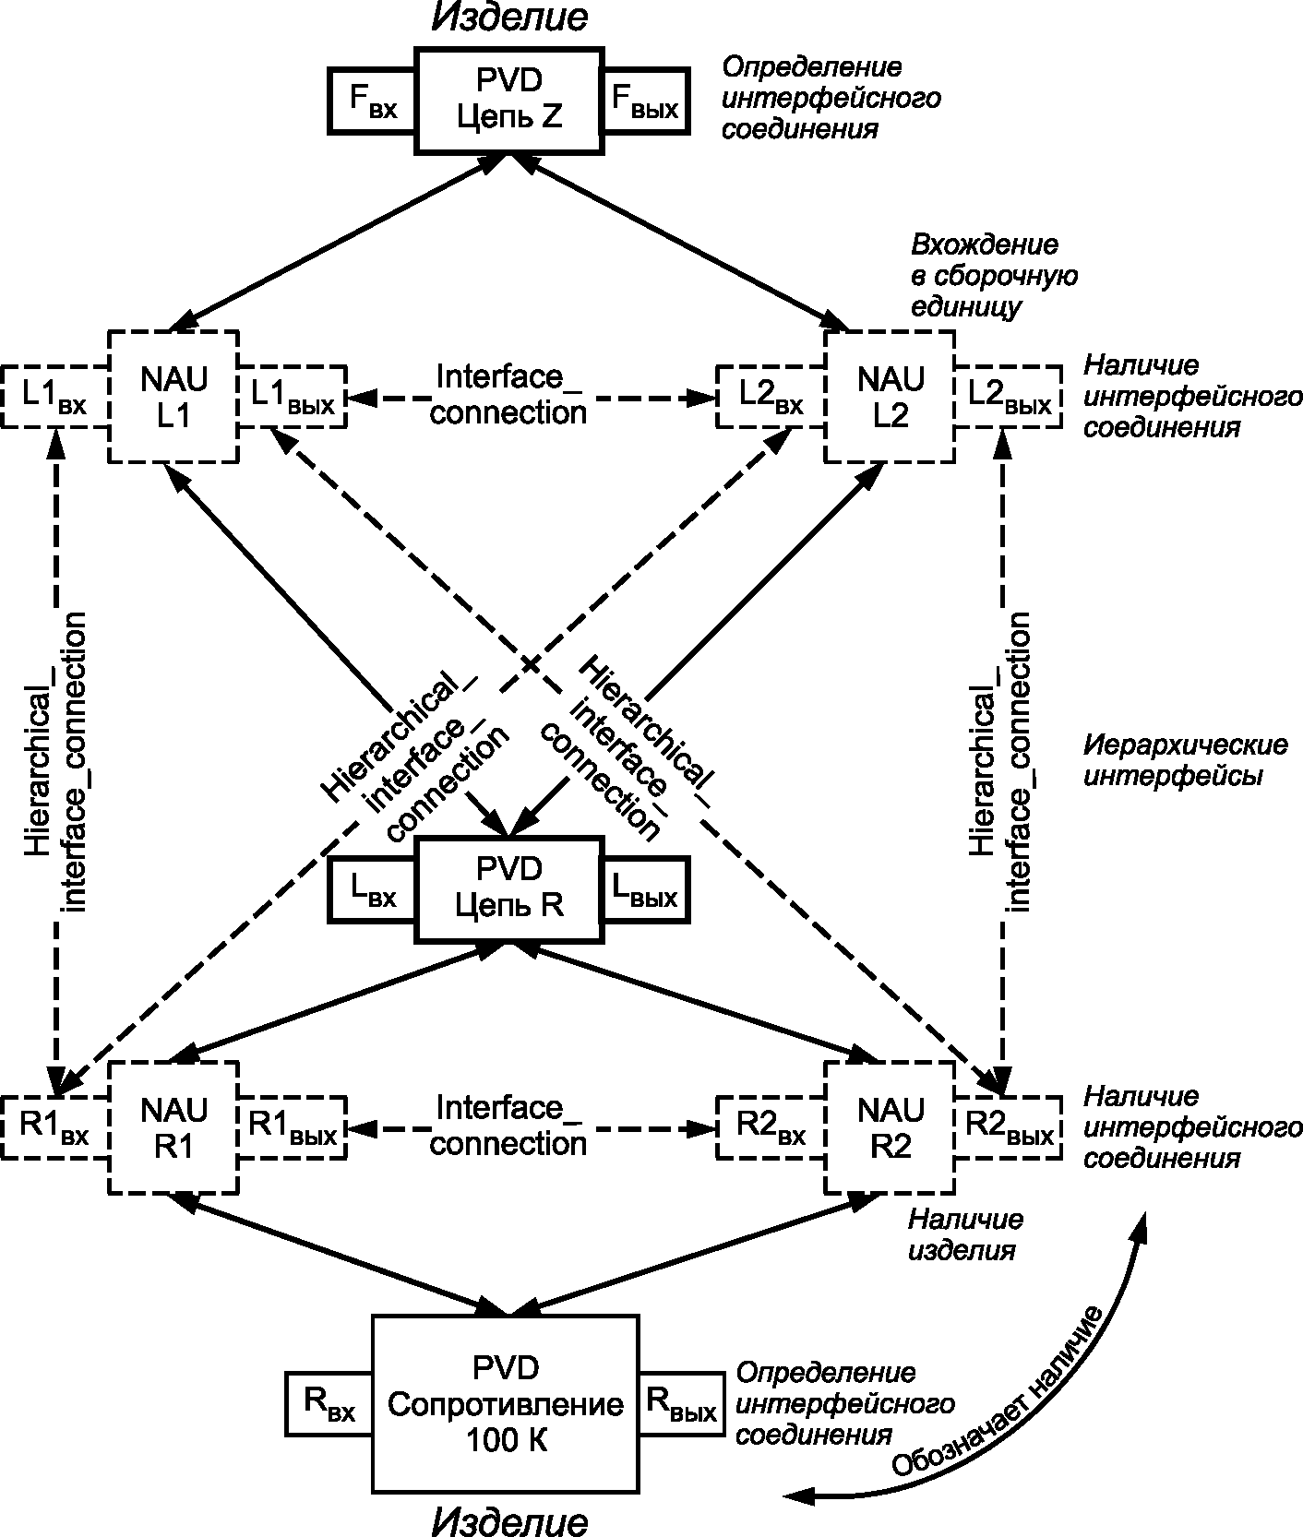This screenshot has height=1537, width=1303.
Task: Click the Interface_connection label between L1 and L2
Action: [x=508, y=395]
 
